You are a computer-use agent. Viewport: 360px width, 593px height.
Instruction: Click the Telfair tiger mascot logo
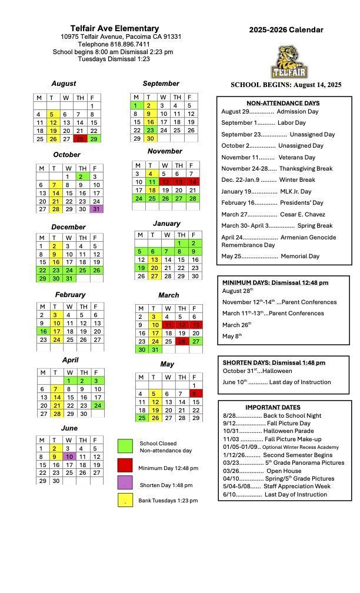(x=288, y=62)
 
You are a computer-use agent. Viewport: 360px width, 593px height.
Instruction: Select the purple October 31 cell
(x=96, y=209)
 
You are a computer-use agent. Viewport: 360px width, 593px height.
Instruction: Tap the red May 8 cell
(x=195, y=394)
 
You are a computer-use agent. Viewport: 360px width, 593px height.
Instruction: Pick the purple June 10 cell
(x=69, y=457)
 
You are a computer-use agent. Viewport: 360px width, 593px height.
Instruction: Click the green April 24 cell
(x=97, y=405)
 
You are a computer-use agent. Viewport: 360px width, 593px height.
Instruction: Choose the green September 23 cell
(x=150, y=131)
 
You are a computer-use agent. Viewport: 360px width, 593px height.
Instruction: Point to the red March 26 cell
(x=182, y=341)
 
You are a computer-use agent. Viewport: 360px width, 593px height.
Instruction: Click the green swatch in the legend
(x=125, y=446)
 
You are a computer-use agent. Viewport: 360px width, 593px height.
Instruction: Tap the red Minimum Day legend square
(x=125, y=465)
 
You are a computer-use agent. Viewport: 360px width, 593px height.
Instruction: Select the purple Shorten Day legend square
(x=125, y=482)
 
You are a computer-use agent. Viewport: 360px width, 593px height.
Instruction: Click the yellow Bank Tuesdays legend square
(x=125, y=500)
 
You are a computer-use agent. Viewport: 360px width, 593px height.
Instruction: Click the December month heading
(x=68, y=227)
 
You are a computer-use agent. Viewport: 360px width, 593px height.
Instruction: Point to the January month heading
(x=166, y=224)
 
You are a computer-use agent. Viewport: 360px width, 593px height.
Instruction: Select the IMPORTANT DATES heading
(x=273, y=407)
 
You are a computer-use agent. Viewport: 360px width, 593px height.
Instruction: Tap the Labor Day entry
(x=264, y=123)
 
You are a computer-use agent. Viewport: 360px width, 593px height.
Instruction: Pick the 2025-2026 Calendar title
(x=286, y=30)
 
